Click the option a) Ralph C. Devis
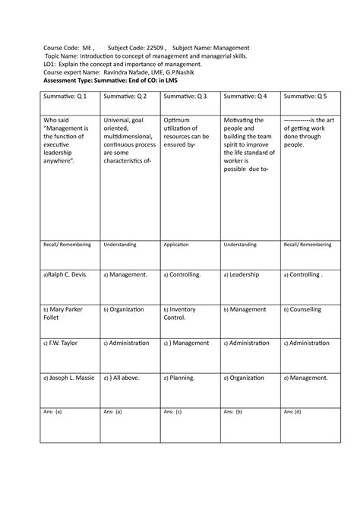point(69,274)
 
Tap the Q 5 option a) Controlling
point(304,274)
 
